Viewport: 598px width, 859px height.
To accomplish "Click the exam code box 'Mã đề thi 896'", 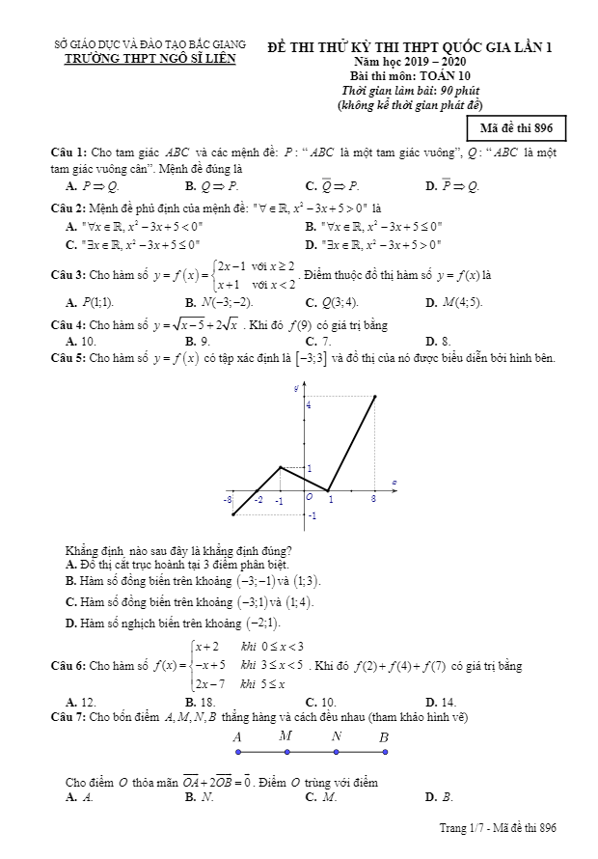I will tap(516, 127).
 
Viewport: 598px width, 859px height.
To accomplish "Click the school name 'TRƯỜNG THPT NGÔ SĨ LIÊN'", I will tap(149, 59).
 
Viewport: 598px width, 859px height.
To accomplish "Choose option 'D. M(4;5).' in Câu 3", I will tap(453, 302).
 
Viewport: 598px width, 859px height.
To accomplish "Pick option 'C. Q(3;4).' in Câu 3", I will tap(332, 302).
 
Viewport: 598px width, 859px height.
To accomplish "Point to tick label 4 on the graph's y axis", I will tap(309, 405).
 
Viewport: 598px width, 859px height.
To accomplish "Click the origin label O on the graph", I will tap(309, 497).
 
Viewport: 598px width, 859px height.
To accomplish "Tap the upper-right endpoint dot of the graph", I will tap(374, 396).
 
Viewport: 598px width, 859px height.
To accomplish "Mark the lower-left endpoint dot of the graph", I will tap(233, 514).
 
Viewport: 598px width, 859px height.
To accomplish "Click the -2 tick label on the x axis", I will tap(258, 501).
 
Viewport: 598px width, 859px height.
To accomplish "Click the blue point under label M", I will tap(285, 752).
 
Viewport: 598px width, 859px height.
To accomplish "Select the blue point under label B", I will tap(384, 752).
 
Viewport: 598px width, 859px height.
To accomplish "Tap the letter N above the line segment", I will tap(336, 736).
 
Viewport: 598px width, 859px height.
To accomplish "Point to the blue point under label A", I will tap(237, 752).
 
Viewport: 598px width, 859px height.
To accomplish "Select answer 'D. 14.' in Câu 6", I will tap(440, 703).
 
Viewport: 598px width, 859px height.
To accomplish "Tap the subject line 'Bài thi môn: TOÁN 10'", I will tap(410, 75).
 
